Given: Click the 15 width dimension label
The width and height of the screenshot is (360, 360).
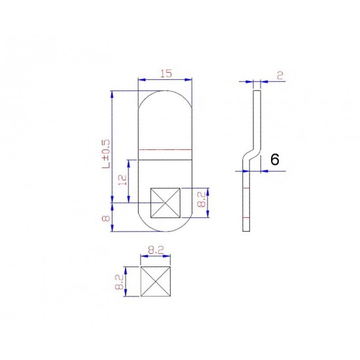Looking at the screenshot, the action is [x=166, y=74].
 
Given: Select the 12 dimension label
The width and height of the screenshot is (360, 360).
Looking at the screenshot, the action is [x=123, y=180].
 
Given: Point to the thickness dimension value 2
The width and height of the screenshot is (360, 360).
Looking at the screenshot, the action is [x=280, y=75].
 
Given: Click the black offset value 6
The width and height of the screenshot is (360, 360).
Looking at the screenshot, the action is [x=275, y=159].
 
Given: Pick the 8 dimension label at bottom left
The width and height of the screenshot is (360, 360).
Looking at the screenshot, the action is [x=106, y=217].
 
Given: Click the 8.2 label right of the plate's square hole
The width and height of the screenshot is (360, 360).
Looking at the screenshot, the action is [x=202, y=200].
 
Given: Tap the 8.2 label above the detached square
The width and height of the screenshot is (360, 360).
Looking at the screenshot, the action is [x=156, y=250].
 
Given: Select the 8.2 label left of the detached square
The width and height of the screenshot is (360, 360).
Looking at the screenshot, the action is [x=120, y=282].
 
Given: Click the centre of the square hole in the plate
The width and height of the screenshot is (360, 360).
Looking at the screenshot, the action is [x=166, y=203].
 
